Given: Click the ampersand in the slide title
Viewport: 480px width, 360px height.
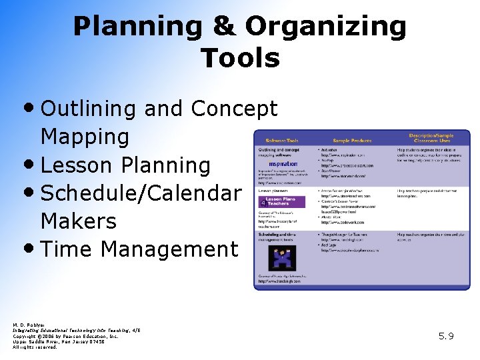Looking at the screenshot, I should tap(223, 27).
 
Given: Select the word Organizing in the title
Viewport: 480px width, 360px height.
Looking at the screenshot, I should tap(325, 27).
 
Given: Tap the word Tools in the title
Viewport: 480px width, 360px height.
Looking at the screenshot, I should tap(240, 59).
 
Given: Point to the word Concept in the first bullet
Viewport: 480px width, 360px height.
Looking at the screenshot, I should tap(234, 109).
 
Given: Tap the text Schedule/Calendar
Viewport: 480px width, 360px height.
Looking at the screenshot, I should tap(141, 193).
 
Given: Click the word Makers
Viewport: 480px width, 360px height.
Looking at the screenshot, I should tap(78, 221).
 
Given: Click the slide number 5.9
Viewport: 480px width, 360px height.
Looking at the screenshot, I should tap(446, 336).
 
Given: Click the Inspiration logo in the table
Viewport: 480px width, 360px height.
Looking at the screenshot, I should tap(283, 164).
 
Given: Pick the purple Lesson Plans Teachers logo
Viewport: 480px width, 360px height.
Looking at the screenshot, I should tap(279, 201).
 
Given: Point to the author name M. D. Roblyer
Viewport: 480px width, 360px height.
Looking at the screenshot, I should tap(27, 325).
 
